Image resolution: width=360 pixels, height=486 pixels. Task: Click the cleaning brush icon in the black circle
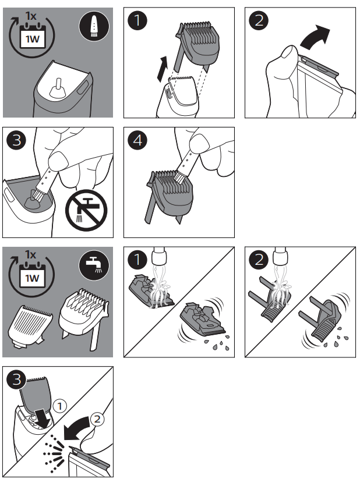(94, 26)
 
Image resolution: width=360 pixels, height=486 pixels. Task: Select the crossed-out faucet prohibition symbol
(86, 211)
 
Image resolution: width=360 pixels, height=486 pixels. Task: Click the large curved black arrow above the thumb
(315, 37)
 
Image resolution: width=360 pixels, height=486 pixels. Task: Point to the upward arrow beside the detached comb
(162, 69)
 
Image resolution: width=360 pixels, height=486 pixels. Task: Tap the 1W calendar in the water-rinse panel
(32, 276)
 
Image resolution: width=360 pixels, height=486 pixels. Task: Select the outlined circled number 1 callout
(60, 406)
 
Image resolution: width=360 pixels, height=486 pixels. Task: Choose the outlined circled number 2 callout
(97, 419)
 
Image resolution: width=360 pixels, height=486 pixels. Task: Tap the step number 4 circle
(137, 140)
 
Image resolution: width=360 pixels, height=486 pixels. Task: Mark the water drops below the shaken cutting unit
(217, 344)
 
